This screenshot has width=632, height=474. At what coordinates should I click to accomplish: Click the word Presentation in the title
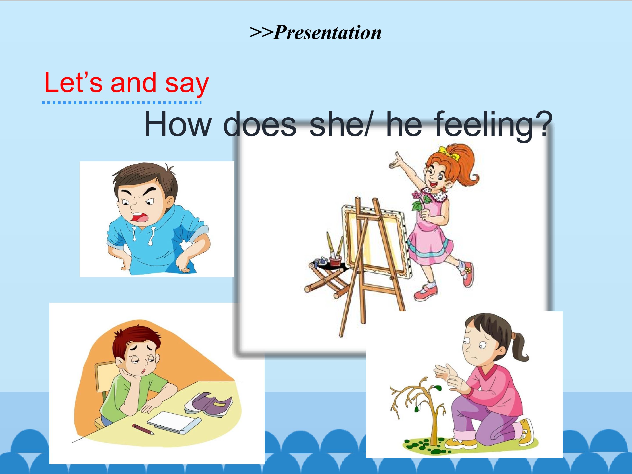pyautogui.click(x=327, y=32)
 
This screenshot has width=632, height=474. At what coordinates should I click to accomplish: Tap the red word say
pyautogui.click(x=187, y=83)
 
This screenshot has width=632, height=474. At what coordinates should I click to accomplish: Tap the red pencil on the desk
pyautogui.click(x=143, y=429)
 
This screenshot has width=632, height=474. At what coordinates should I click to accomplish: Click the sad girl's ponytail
pyautogui.click(x=519, y=346)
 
